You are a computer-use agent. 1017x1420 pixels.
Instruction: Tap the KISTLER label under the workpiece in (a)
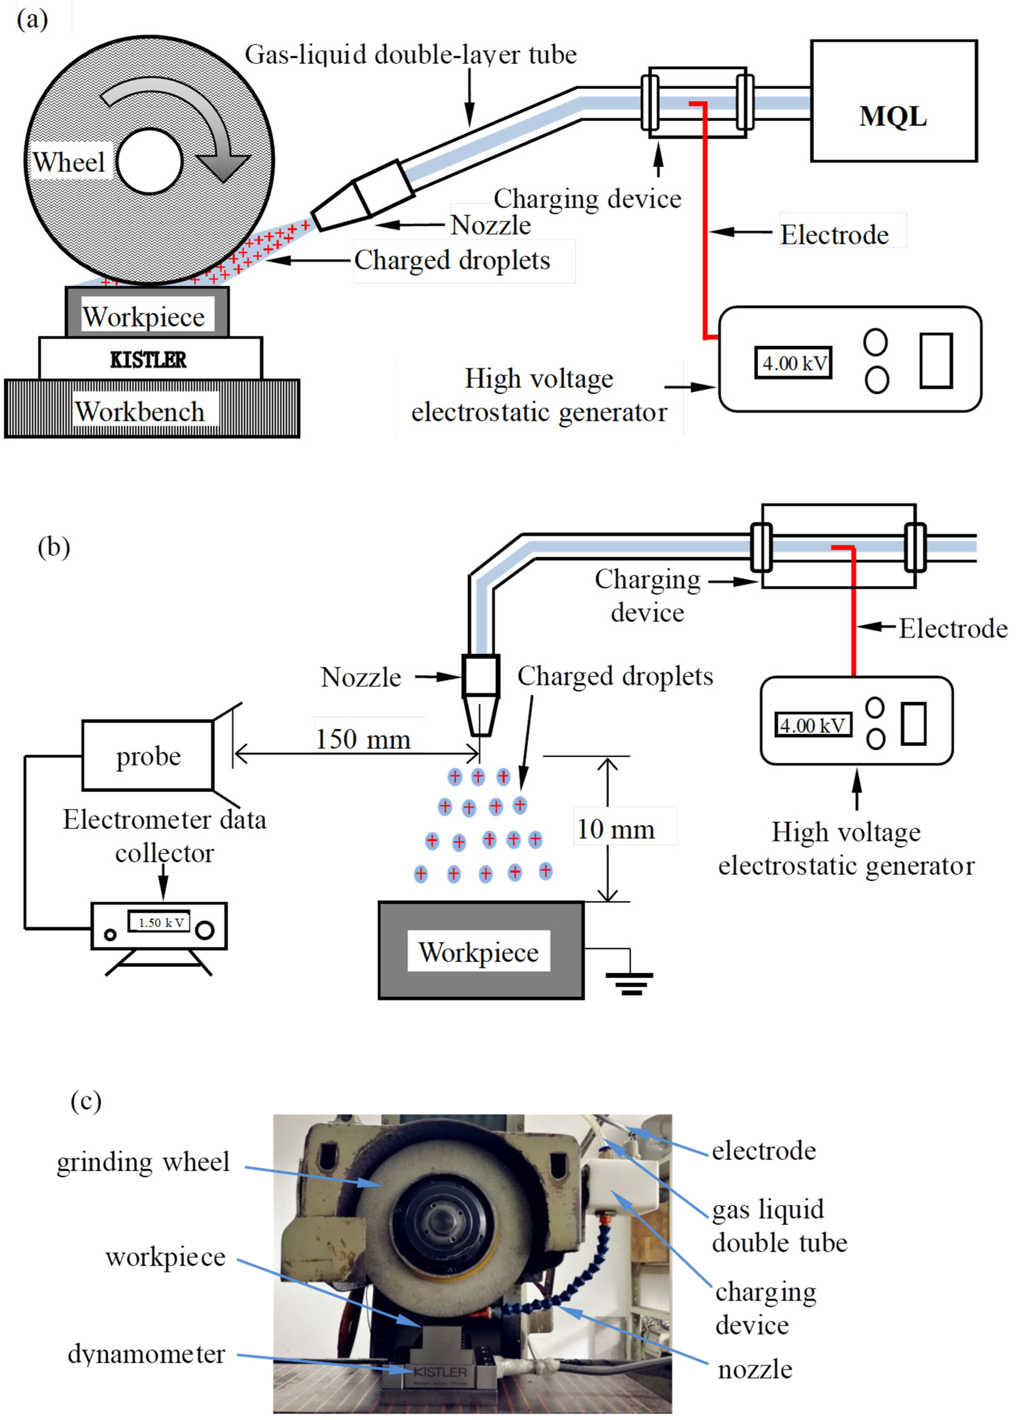pyautogui.click(x=149, y=359)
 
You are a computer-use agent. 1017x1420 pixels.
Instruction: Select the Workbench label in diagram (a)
pyautogui.click(x=140, y=411)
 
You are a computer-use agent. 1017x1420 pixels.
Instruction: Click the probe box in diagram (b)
pyautogui.click(x=148, y=756)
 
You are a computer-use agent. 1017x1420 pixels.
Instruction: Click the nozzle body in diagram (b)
pyautogui.click(x=480, y=676)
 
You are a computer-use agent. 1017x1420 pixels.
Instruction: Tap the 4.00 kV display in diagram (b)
pyautogui.click(x=812, y=725)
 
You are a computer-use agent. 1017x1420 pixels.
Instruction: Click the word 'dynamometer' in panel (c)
pyautogui.click(x=146, y=1354)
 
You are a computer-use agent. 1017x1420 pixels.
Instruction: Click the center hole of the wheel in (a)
pyautogui.click(x=149, y=161)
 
